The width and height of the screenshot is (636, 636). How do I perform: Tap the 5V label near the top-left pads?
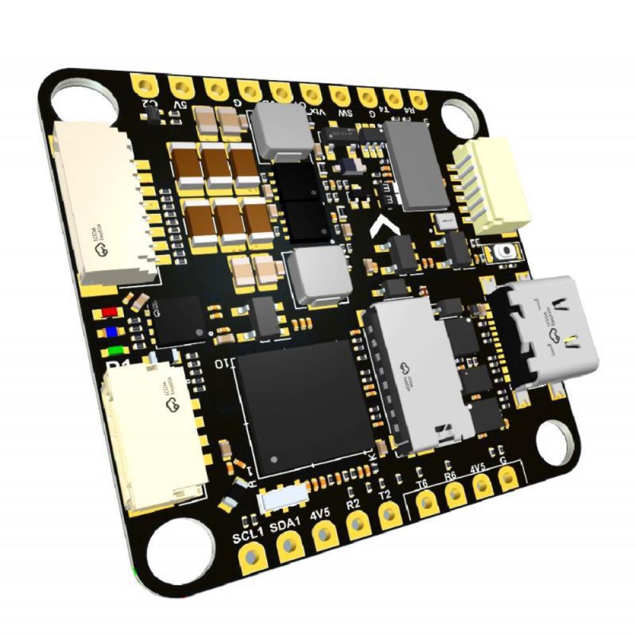coord(180,104)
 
